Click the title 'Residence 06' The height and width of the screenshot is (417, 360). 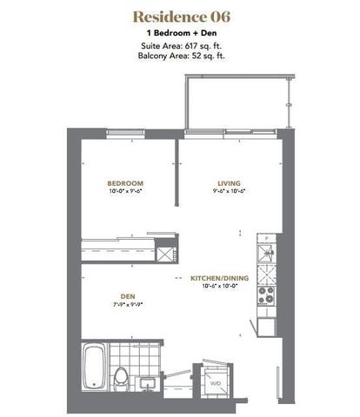point(179,17)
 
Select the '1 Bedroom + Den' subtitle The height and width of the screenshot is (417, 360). point(179,33)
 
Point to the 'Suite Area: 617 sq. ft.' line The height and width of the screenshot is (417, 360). point(179,45)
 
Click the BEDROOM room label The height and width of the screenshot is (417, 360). point(125,183)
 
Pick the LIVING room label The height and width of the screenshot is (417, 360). point(229,183)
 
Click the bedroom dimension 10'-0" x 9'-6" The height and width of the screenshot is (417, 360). point(125,192)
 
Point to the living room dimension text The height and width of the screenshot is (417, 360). point(229,192)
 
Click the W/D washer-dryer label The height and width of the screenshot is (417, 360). point(215,380)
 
